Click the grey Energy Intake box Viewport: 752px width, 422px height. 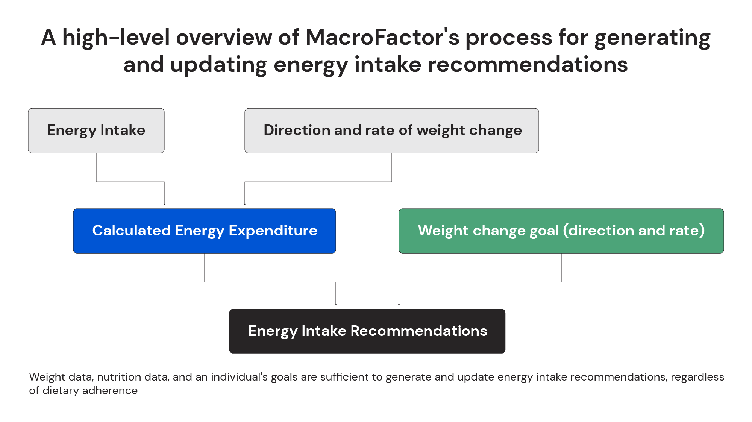[96, 131]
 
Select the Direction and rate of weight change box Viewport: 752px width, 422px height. [391, 131]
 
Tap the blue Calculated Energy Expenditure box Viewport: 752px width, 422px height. [204, 231]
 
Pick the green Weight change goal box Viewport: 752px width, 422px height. [561, 231]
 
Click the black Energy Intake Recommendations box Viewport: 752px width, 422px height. [367, 331]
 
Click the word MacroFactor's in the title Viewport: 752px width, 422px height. [382, 38]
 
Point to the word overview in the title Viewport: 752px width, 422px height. [224, 38]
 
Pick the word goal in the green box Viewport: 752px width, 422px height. [544, 231]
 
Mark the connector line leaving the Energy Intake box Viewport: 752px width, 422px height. [96, 167]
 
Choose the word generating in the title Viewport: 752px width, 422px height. [652, 38]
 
